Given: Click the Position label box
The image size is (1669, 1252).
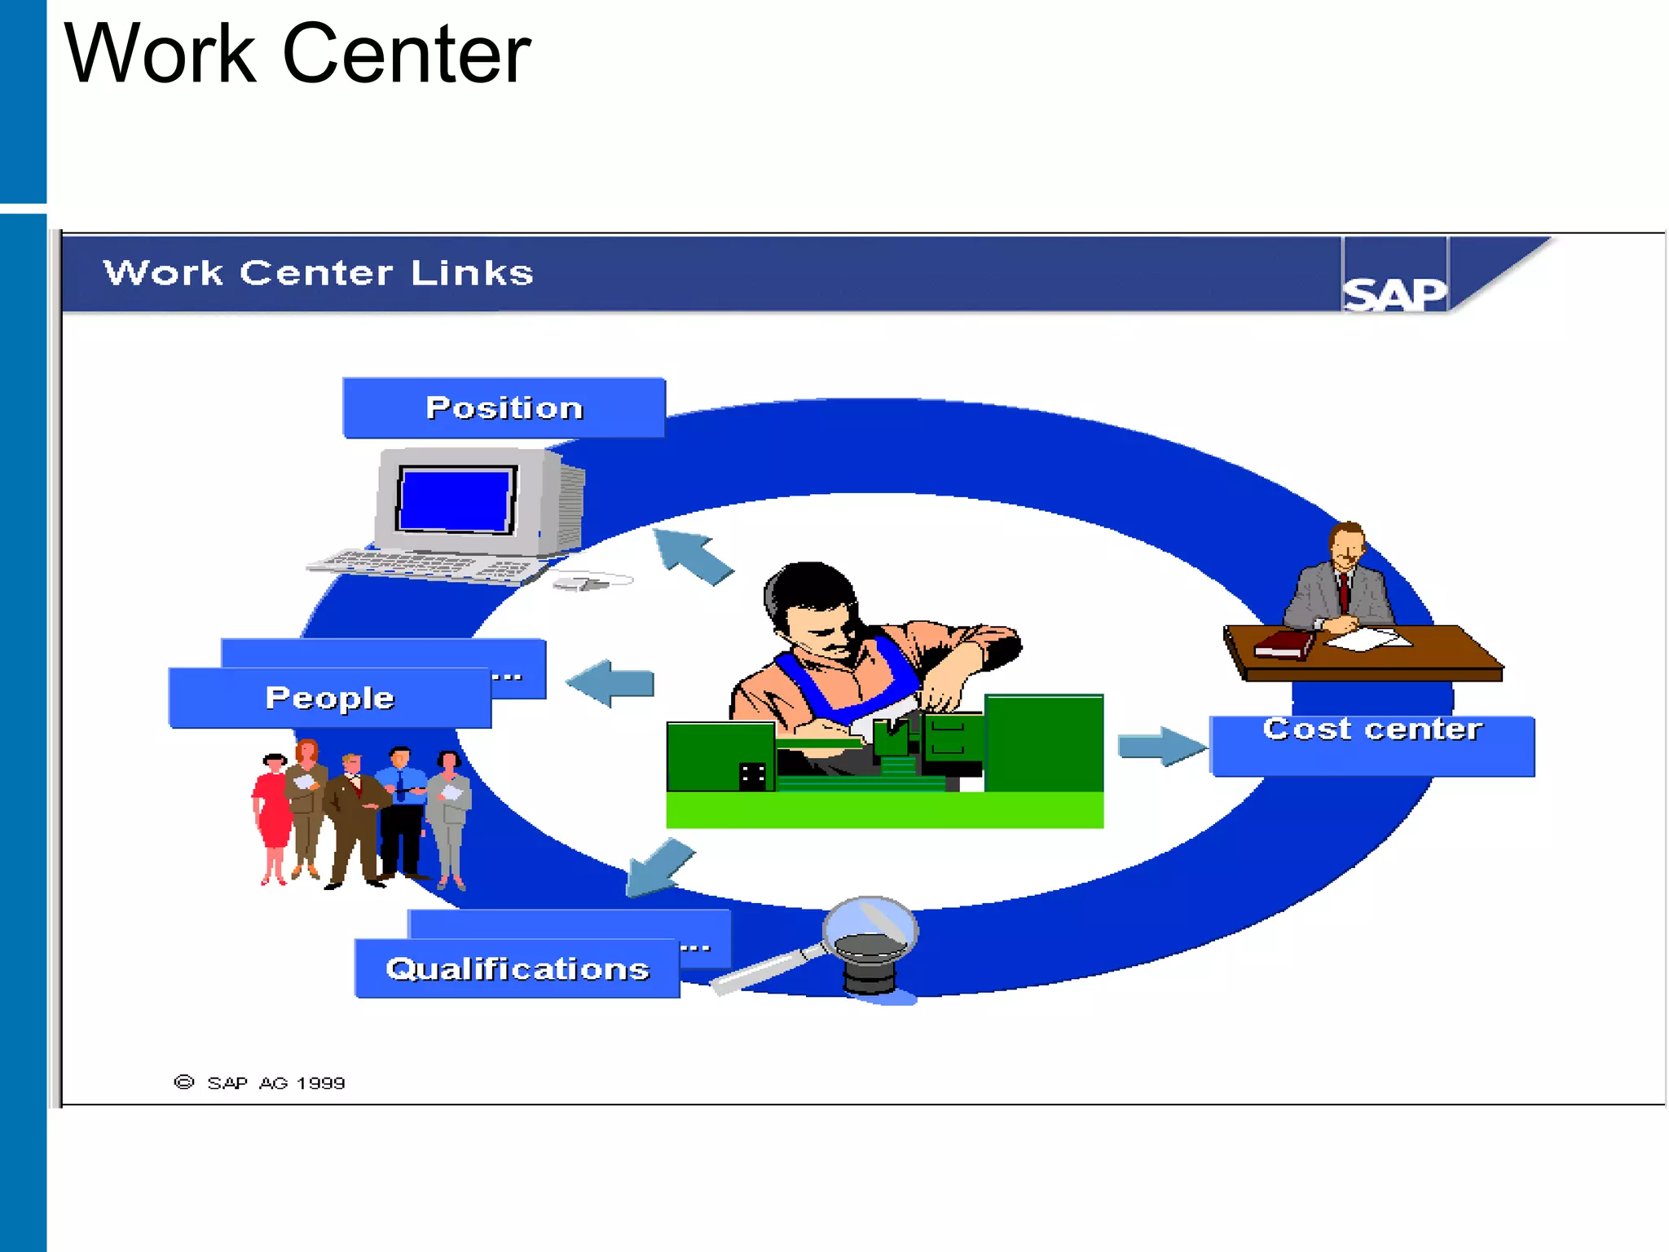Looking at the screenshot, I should pyautogui.click(x=504, y=408).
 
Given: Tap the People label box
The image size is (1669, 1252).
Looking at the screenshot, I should pyautogui.click(x=330, y=698).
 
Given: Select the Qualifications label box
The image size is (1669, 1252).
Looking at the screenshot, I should pyautogui.click(x=517, y=968).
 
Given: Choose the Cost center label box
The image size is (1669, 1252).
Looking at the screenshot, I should pyautogui.click(x=1372, y=745).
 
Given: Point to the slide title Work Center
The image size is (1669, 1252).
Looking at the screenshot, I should pyautogui.click(x=297, y=54).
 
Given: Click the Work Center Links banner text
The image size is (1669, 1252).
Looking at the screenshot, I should pyautogui.click(x=318, y=273).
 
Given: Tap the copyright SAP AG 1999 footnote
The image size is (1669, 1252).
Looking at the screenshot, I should pyautogui.click(x=261, y=1082).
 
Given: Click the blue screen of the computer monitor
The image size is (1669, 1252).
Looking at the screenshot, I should pyautogui.click(x=456, y=500).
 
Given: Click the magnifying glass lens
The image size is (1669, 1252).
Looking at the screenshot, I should pyautogui.click(x=870, y=929).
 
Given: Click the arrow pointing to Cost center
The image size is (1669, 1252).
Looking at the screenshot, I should pyautogui.click(x=1161, y=746).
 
